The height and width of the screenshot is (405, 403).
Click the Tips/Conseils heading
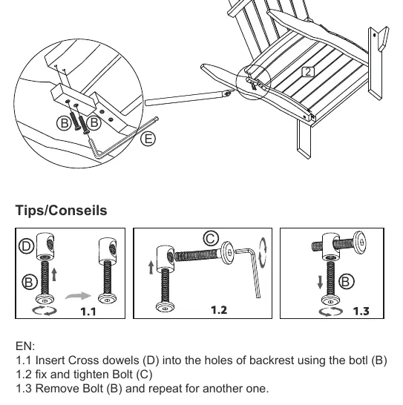pyautogui.click(x=61, y=210)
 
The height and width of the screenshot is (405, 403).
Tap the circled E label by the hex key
pyautogui.click(x=148, y=139)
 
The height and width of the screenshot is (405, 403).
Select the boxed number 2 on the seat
pyautogui.click(x=308, y=72)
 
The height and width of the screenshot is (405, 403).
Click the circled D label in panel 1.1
pyautogui.click(x=27, y=246)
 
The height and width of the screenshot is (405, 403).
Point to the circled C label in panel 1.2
pyautogui.click(x=211, y=238)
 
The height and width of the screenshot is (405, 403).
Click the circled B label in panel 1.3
pyautogui.click(x=346, y=281)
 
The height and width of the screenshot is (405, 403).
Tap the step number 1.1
pyautogui.click(x=88, y=312)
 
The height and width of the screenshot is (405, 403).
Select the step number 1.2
pyautogui.click(x=219, y=310)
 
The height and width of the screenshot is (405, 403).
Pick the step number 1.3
pyautogui.click(x=361, y=311)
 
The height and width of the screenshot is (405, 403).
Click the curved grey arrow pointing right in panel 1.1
pyautogui.click(x=79, y=296)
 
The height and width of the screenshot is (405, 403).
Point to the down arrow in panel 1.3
pyautogui.click(x=320, y=283)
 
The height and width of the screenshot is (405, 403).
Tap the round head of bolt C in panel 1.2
pyautogui.click(x=227, y=253)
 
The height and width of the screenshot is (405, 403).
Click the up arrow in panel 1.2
pyautogui.click(x=151, y=267)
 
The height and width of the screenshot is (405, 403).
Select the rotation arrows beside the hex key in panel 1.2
pyautogui.click(x=263, y=253)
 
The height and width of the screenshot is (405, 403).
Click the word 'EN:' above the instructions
pyautogui.click(x=25, y=346)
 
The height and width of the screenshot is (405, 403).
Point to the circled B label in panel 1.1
pyautogui.click(x=29, y=282)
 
